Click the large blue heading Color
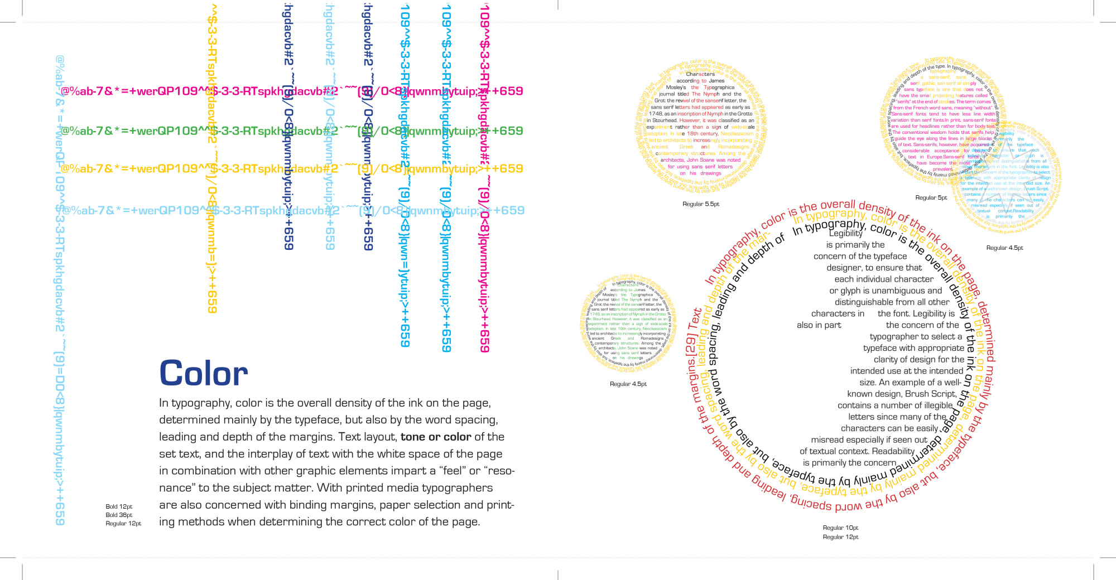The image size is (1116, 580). tap(204, 373)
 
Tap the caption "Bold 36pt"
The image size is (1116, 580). tap(119, 515)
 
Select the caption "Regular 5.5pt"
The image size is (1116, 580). tap(701, 204)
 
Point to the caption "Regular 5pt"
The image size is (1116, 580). tap(931, 197)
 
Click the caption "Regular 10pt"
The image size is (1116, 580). tap(840, 528)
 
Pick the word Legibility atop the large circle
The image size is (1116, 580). tap(845, 233)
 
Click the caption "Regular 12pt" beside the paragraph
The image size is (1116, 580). tap(123, 524)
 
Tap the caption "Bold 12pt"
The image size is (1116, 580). tap(119, 507)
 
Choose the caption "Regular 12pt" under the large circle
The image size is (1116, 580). tap(840, 537)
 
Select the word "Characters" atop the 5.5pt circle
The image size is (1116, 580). tap(700, 74)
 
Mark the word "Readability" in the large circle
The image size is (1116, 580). tap(893, 451)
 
